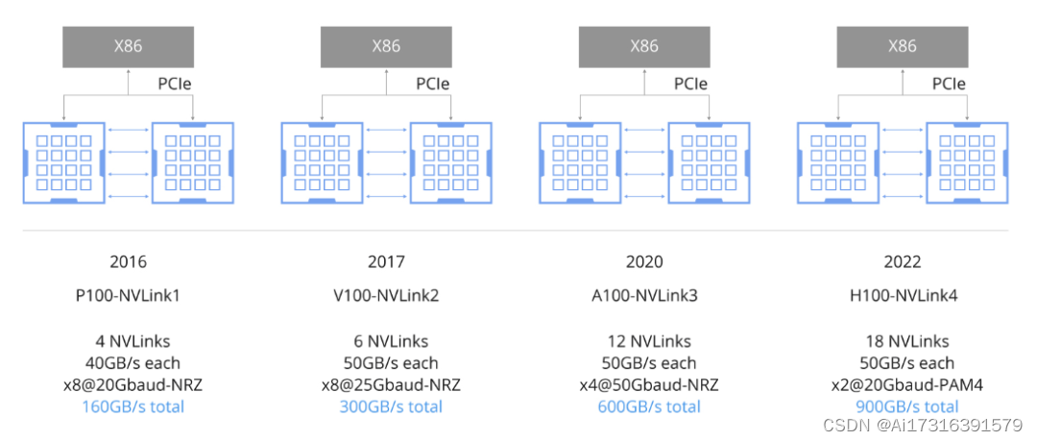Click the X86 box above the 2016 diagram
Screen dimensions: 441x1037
coord(129,46)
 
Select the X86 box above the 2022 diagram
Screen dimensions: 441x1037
coord(902,46)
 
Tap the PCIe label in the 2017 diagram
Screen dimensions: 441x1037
coord(433,84)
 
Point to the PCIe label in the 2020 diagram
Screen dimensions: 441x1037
coord(691,84)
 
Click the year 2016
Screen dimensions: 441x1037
coord(129,261)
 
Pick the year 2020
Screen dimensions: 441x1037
coord(644,261)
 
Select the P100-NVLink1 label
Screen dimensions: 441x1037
coord(129,295)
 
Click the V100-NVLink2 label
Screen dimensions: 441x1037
coord(386,295)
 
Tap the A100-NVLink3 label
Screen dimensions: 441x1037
coord(644,295)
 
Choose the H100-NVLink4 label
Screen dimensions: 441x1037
coord(902,295)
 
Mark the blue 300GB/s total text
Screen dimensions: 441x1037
coord(391,406)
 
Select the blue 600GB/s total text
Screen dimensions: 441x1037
coord(649,406)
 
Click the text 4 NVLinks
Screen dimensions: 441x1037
coord(129,341)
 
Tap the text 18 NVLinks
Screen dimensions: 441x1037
coord(906,341)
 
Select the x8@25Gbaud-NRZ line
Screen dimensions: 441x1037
coord(391,385)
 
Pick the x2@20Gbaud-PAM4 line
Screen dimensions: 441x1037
coord(906,385)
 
